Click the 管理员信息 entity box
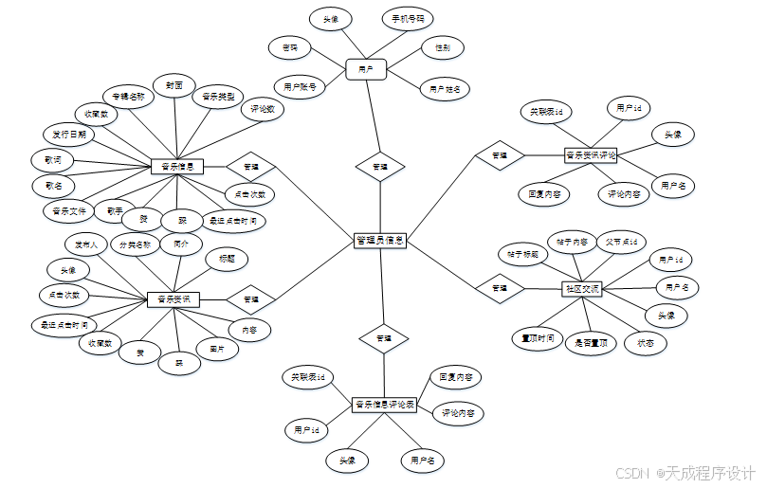pyautogui.click(x=380, y=241)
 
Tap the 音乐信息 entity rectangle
pyautogui.click(x=177, y=167)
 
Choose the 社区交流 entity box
pyautogui.click(x=582, y=288)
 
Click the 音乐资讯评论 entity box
pyautogui.click(x=590, y=154)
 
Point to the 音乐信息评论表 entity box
pyautogui.click(x=385, y=405)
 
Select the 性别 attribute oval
pyautogui.click(x=442, y=46)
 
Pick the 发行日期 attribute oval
pyautogui.click(x=69, y=135)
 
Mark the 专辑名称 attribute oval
pyautogui.click(x=127, y=97)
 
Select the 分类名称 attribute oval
pyautogui.click(x=134, y=244)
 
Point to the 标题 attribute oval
pyautogui.click(x=228, y=258)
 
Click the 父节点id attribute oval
pyautogui.click(x=626, y=241)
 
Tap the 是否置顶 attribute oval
pyautogui.click(x=592, y=343)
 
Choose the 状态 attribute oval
pyautogui.click(x=645, y=342)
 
